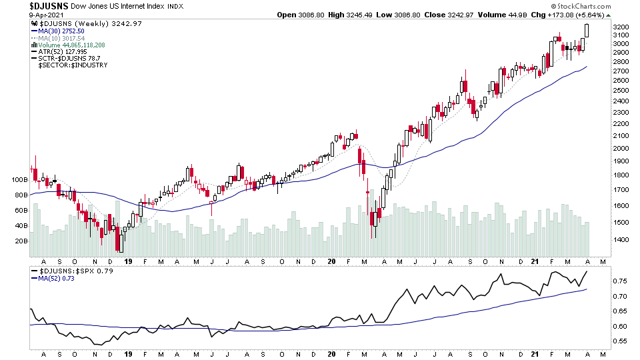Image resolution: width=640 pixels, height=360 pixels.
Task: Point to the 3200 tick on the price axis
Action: (x=622, y=27)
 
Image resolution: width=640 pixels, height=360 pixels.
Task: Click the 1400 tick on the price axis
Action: (x=622, y=239)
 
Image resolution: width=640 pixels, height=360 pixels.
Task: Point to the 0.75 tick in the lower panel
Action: (x=621, y=281)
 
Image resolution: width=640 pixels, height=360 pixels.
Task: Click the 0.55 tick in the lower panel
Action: (x=621, y=341)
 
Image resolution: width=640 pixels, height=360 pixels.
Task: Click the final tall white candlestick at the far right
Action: (x=587, y=31)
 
